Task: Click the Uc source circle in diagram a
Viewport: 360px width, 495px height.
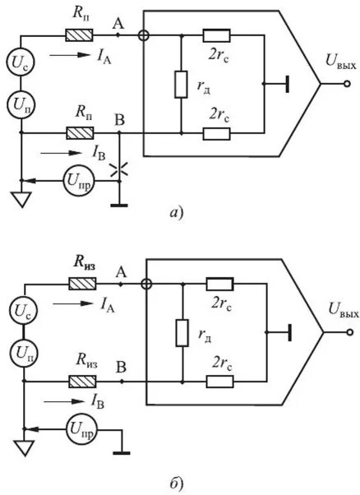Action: pyautogui.click(x=21, y=62)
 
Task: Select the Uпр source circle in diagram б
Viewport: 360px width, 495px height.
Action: pyautogui.click(x=81, y=429)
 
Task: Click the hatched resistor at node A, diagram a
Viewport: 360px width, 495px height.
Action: pyautogui.click(x=79, y=35)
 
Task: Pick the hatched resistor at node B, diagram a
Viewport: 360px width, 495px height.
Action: pyautogui.click(x=80, y=133)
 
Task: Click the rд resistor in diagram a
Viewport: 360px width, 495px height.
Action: pyautogui.click(x=181, y=85)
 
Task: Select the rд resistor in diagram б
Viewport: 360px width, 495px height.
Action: pyautogui.click(x=182, y=333)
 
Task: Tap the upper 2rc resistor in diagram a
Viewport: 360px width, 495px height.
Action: pyautogui.click(x=216, y=35)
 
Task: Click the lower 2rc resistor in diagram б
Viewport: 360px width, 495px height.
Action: pyautogui.click(x=220, y=382)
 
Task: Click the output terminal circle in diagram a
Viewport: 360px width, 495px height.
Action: pyautogui.click(x=347, y=84)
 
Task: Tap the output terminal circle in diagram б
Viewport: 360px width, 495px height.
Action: pyautogui.click(x=349, y=332)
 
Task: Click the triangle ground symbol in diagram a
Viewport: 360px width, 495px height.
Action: pyautogui.click(x=21, y=200)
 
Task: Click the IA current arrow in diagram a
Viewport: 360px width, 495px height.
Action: pyautogui.click(x=70, y=55)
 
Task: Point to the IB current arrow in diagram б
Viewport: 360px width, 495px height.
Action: pyautogui.click(x=63, y=401)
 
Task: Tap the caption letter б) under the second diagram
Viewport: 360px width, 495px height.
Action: pyautogui.click(x=177, y=484)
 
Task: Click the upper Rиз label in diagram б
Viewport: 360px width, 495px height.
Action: pyautogui.click(x=85, y=263)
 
